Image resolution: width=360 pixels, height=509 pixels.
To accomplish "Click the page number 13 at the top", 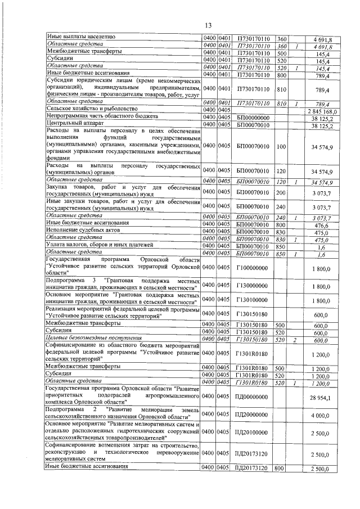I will tap(208, 25).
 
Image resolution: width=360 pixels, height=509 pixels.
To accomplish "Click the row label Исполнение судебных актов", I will tap(82, 231).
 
